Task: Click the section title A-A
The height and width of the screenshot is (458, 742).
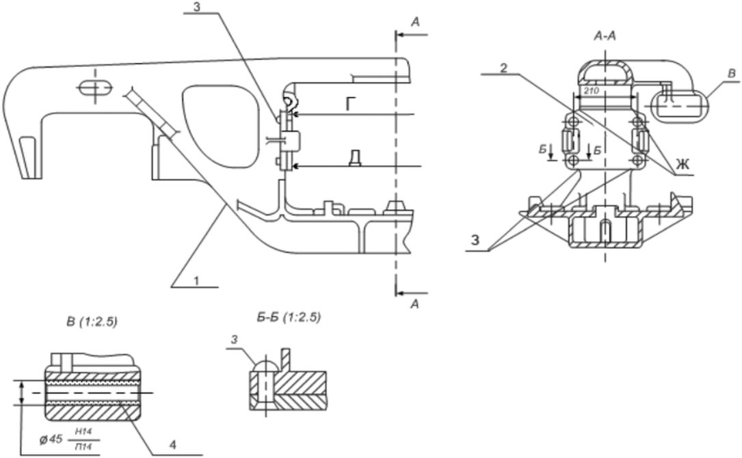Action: pos(605,36)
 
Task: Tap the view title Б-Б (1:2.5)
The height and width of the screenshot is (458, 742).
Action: pos(286,317)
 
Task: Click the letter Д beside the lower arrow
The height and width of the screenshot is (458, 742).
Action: pos(354,158)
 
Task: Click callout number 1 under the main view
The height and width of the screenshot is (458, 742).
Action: pos(196,280)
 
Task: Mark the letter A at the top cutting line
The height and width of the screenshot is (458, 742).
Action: pos(415,23)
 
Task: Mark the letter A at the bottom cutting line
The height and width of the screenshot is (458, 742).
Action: pos(414,306)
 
